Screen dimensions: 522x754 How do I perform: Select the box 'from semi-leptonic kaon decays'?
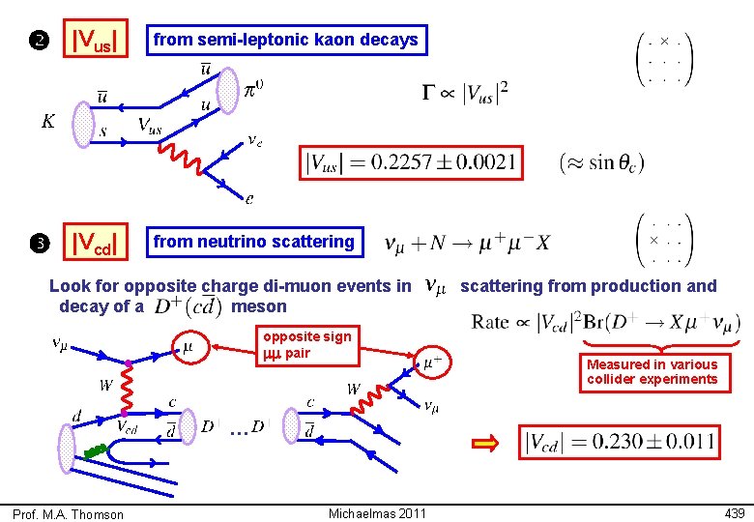click(285, 40)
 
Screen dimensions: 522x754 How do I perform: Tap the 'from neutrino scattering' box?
click(253, 242)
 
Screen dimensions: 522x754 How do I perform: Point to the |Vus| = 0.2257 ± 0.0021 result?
click(411, 162)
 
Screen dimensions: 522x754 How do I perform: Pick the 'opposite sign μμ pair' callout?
click(307, 344)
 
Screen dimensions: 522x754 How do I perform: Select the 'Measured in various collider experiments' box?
click(652, 371)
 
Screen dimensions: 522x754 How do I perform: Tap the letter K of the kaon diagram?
click(45, 122)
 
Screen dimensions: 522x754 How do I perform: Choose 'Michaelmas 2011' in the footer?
click(377, 512)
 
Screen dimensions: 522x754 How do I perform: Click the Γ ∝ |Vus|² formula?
click(465, 93)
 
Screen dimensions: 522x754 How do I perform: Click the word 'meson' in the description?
click(260, 306)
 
